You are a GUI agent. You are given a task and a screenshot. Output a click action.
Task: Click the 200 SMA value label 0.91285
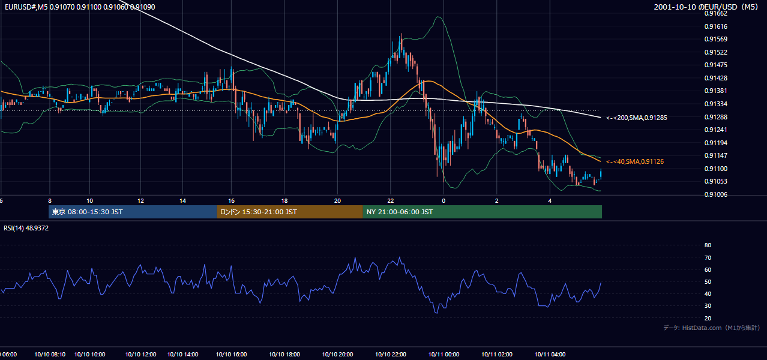click(x=637, y=118)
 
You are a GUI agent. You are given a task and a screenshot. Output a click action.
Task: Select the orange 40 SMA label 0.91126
click(x=635, y=161)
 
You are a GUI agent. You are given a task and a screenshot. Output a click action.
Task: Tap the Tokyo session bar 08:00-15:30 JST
click(x=133, y=212)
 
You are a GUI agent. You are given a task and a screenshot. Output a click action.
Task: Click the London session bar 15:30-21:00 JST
click(x=290, y=212)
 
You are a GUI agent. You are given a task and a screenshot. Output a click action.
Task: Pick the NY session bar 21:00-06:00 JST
click(x=482, y=212)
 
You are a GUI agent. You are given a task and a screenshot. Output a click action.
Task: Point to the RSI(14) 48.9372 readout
click(x=26, y=228)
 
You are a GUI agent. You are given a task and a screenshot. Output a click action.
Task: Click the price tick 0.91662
click(x=715, y=14)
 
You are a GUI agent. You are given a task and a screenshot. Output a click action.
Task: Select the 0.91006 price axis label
click(x=715, y=195)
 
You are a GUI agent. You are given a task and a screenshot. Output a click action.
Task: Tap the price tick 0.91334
click(x=715, y=104)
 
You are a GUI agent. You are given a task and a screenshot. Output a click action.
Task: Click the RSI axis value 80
click(x=708, y=245)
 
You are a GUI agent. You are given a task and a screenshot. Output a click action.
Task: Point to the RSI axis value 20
click(x=708, y=318)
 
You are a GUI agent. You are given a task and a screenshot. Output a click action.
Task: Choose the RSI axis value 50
click(x=708, y=282)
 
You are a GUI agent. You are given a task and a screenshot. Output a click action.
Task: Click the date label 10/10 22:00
click(x=391, y=355)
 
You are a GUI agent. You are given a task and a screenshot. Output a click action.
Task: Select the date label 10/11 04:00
click(x=550, y=355)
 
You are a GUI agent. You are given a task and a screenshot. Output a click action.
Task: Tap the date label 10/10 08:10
click(x=50, y=355)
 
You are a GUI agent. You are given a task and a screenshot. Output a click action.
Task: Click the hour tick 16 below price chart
click(x=232, y=201)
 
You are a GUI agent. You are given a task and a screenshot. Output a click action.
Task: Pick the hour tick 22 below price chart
click(x=391, y=201)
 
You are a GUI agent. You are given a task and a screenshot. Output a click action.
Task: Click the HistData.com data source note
click(x=712, y=328)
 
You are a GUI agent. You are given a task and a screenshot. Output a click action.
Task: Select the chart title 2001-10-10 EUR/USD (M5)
click(x=706, y=7)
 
